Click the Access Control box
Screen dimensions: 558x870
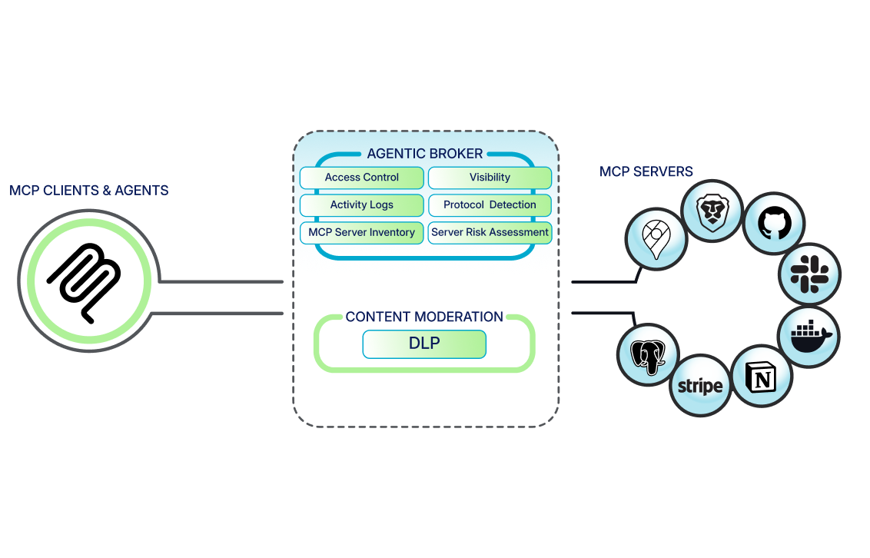click(x=361, y=178)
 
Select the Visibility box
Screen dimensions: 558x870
click(x=490, y=178)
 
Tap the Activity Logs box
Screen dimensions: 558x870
click(x=361, y=205)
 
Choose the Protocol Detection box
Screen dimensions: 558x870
click(x=490, y=205)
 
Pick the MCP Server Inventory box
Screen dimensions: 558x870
click(x=361, y=232)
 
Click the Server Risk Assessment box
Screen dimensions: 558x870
click(x=490, y=232)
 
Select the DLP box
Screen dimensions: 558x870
click(x=424, y=344)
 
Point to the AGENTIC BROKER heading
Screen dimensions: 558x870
click(x=424, y=154)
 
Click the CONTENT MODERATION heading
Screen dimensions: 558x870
click(x=424, y=317)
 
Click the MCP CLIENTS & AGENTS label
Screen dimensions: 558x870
click(x=89, y=190)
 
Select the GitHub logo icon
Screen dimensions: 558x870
click(x=774, y=224)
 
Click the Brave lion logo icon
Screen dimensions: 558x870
click(x=713, y=211)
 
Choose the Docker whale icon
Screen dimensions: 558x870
click(x=809, y=336)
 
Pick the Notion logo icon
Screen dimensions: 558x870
click(x=762, y=376)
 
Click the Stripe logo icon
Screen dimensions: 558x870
click(x=700, y=386)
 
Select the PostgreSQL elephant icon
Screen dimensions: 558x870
click(x=649, y=354)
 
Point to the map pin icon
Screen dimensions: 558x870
click(x=656, y=239)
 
